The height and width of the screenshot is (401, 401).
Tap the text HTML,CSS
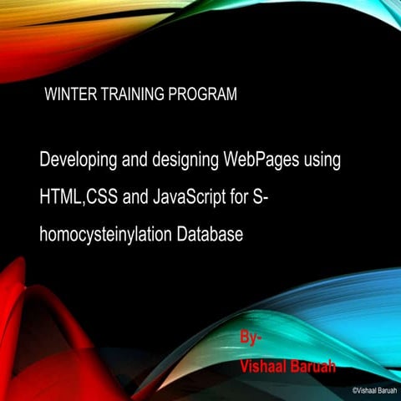(78, 197)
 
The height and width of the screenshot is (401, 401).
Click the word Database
(210, 236)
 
